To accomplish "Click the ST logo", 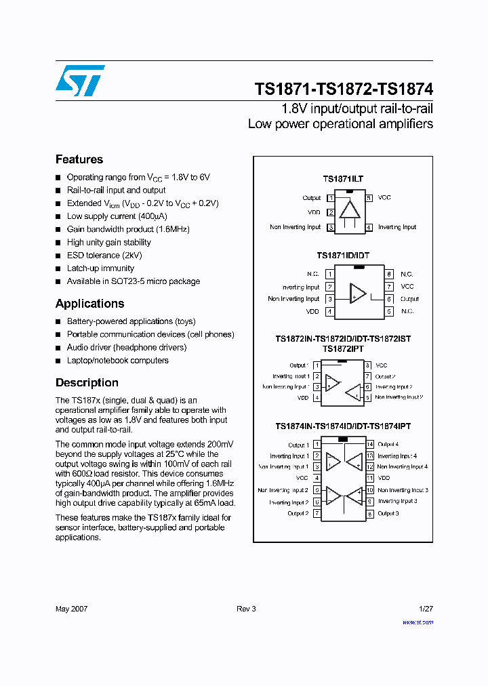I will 80,81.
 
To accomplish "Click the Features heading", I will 79,159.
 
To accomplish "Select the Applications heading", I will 89,304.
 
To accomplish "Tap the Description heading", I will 87,382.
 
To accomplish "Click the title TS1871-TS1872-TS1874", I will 344,89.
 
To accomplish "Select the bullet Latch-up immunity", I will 100,268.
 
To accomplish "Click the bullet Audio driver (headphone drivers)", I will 126,347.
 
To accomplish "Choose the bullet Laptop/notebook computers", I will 117,361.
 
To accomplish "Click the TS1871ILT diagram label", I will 343,179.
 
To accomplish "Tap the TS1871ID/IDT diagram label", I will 343,256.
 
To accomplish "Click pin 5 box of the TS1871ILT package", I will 369,198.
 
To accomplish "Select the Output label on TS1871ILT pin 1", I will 312,198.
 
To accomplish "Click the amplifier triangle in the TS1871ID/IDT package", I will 357,293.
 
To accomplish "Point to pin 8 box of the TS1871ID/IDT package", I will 389,274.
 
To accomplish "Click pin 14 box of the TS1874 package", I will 370,445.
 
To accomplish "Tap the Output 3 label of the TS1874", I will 388,514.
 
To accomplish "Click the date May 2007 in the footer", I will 71,609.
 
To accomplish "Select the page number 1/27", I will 426,609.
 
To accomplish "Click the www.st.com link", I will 420,622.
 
